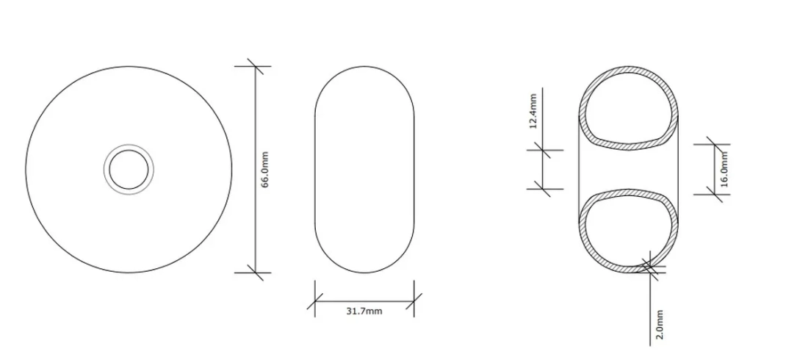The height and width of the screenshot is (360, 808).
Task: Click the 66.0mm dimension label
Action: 265,169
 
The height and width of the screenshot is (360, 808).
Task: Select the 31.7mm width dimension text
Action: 364,311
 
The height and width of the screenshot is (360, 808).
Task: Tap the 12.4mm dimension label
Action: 533,111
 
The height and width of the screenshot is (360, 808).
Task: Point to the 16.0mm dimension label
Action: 724,169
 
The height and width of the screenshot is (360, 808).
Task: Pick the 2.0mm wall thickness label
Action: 659,325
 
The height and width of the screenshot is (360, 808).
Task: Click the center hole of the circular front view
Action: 129,170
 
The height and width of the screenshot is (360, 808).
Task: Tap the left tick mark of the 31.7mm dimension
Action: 315,301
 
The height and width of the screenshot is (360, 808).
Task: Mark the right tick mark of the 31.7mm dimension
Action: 414,301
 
